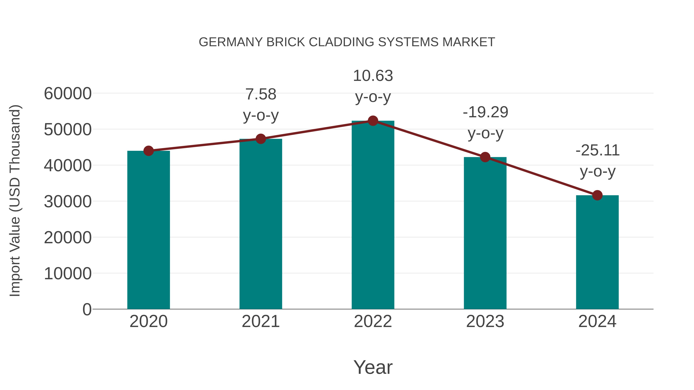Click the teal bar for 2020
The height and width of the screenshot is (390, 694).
tap(148, 230)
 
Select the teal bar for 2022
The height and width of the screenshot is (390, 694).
tap(373, 215)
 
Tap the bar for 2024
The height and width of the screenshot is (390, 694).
tap(597, 252)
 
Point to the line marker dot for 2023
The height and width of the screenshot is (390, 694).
tap(485, 157)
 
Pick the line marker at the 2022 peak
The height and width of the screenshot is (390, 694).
tap(373, 121)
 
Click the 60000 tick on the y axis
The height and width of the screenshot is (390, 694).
tap(68, 94)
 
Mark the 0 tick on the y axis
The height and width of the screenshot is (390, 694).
tap(87, 309)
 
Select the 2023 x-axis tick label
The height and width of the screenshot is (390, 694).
tap(485, 321)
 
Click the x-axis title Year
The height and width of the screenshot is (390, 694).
tap(373, 367)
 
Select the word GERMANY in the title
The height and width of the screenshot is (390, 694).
tap(231, 42)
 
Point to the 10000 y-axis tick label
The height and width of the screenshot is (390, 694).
tap(68, 274)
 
